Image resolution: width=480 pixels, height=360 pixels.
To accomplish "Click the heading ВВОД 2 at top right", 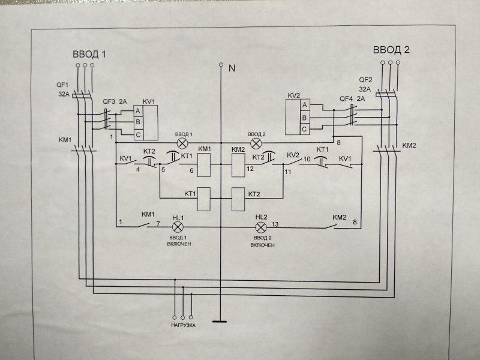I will pos(391,49).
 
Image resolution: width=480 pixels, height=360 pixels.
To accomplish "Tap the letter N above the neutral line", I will pos(231,68).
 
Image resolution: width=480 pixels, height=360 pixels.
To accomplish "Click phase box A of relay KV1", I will pos(137,111).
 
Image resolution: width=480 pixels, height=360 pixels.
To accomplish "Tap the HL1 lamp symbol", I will pos(178,227).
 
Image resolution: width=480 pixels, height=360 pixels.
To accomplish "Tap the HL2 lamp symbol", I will pos(260,227).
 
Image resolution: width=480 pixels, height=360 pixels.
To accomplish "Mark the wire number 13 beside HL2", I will pos(275,224).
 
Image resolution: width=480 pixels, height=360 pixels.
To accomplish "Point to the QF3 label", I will pos(109,101).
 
